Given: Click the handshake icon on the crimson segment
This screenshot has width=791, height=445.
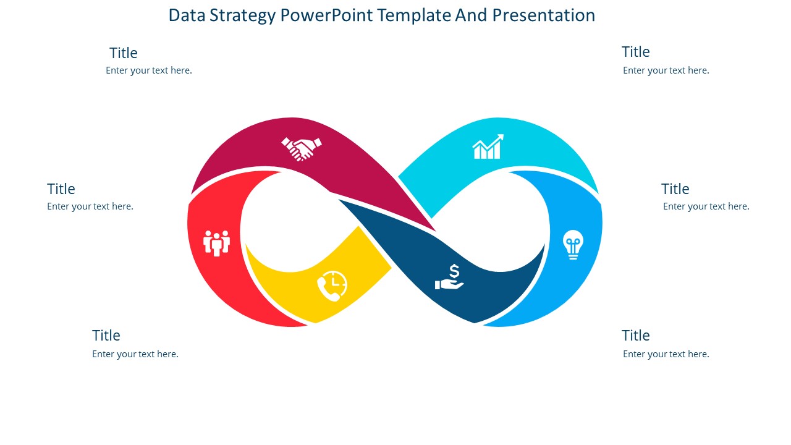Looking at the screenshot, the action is [x=302, y=148].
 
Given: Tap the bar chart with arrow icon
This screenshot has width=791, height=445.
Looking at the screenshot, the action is [x=488, y=146].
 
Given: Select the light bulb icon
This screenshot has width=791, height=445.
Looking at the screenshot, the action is [x=573, y=244].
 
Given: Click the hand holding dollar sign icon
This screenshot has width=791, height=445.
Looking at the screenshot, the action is [x=449, y=278].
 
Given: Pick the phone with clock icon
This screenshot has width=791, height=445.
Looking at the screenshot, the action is [x=332, y=286].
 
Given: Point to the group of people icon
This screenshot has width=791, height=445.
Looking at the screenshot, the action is [x=216, y=243].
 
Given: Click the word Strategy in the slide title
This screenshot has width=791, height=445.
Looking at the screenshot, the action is [x=242, y=15].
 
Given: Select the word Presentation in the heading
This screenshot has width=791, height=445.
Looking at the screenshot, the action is [x=543, y=15].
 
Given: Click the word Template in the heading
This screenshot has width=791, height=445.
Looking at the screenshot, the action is [x=414, y=15].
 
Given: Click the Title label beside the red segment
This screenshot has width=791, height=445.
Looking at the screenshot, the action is [x=61, y=189].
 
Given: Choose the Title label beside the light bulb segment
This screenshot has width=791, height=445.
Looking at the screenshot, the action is [x=675, y=189].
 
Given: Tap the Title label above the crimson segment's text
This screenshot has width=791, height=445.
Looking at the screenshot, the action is [x=123, y=53].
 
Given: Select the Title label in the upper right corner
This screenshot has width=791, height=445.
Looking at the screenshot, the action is [x=636, y=52].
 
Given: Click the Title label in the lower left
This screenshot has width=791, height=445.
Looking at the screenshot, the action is [x=106, y=335].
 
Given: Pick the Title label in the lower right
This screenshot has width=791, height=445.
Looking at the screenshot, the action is [x=636, y=335].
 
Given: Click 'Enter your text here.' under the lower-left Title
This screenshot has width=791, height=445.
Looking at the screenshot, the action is [x=135, y=354].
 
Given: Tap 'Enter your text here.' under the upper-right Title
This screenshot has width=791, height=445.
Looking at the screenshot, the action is [x=666, y=70].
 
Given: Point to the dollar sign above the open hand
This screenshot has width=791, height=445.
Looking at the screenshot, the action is [x=454, y=271].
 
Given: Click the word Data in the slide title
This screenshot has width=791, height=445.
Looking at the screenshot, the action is [x=187, y=15].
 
